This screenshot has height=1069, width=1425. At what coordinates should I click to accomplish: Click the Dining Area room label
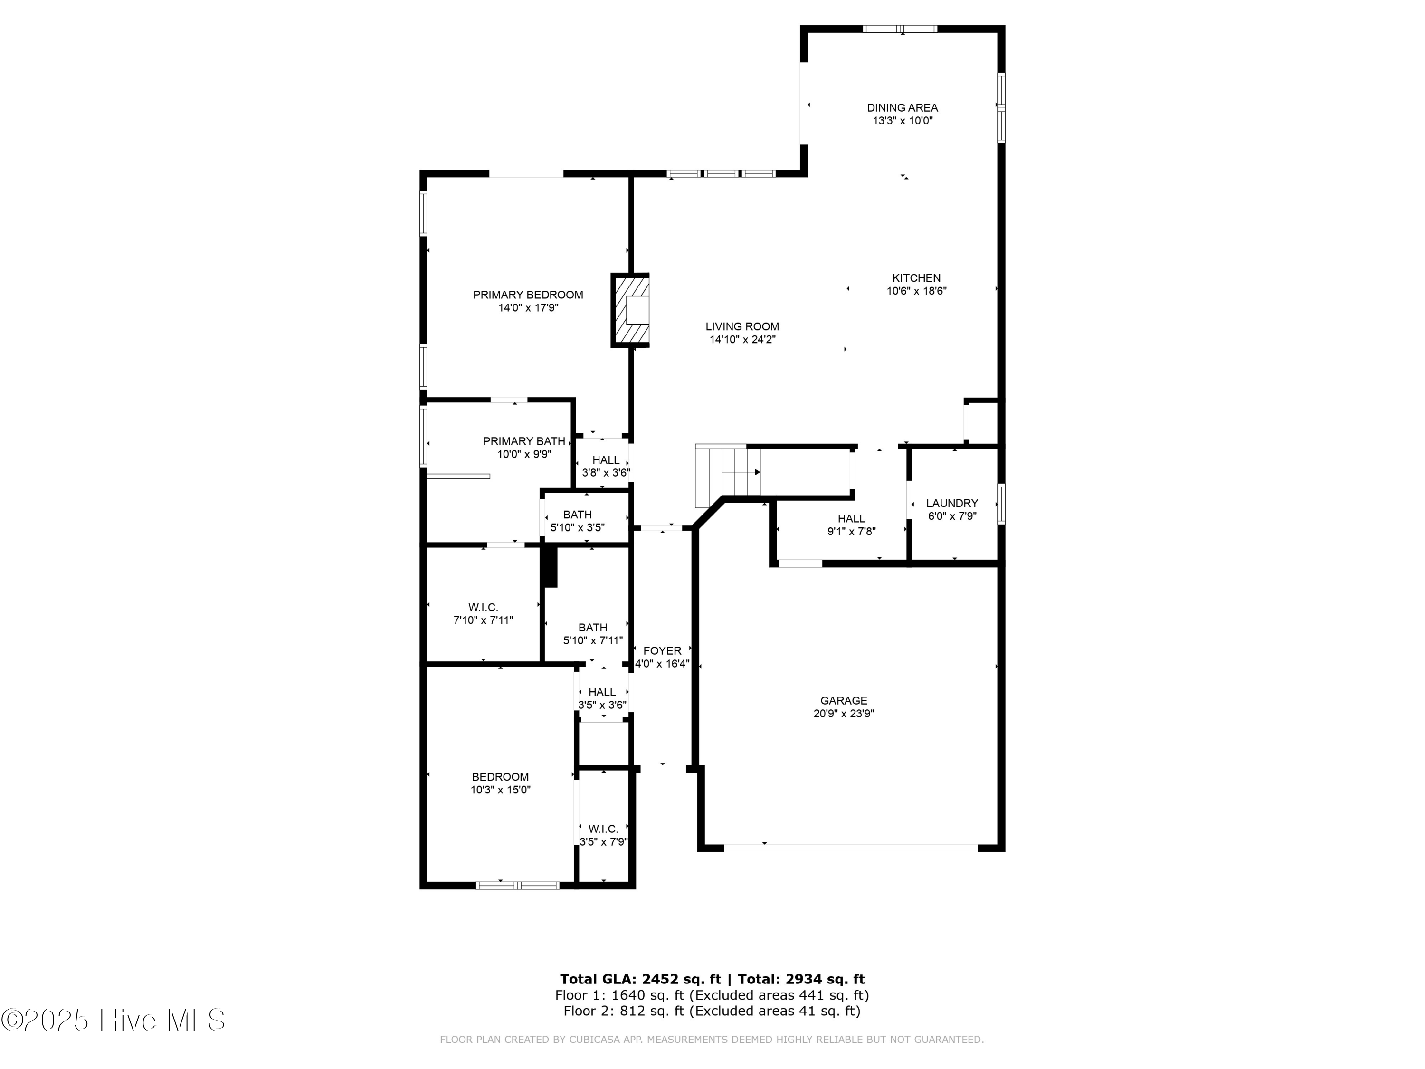902,107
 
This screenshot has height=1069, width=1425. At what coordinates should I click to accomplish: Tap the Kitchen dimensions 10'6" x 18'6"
916,291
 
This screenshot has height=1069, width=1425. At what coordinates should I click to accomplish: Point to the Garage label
843,700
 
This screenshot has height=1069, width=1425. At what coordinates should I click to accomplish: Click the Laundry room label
951,503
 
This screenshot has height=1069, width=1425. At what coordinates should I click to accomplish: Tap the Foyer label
662,651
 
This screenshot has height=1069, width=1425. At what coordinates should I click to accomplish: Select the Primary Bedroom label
528,295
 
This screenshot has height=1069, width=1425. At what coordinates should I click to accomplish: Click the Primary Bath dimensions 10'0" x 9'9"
524,454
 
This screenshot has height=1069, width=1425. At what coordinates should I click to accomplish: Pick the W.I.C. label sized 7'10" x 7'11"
483,608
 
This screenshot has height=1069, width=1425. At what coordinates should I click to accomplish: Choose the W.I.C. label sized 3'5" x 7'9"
603,829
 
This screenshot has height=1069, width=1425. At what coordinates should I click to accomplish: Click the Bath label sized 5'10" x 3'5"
577,515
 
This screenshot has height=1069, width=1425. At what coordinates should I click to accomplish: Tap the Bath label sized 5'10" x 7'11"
592,628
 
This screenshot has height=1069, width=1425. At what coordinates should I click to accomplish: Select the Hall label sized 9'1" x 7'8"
851,519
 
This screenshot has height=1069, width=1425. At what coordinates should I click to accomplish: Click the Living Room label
742,327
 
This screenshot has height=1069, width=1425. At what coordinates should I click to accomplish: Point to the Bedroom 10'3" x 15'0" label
500,777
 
